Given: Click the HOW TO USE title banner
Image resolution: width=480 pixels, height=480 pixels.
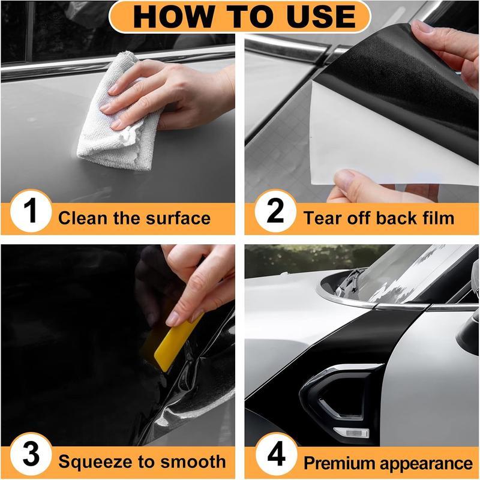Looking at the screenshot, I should coord(240,17).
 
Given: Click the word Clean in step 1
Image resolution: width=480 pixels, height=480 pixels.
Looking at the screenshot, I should coord(82,218).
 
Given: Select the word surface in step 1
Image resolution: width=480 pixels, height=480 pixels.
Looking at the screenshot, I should coord(178,218).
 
